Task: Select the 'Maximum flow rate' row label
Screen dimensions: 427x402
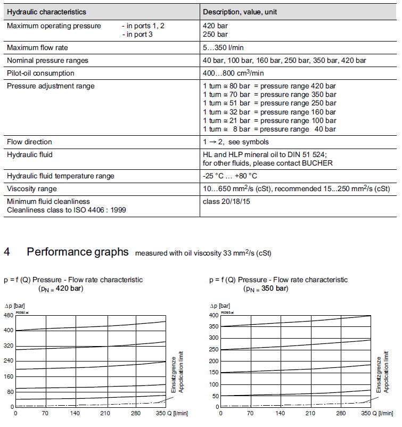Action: (x=37, y=48)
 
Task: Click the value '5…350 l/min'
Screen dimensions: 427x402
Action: (x=224, y=48)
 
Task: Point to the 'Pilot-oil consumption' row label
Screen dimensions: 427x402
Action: (x=40, y=73)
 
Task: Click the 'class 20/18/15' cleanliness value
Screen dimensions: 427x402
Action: (x=227, y=201)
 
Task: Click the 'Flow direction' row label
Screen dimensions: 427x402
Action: (x=29, y=142)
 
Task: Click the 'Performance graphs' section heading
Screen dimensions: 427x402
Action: (x=77, y=252)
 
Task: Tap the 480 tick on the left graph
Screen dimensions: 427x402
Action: (x=9, y=315)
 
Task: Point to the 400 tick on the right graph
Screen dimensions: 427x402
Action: (x=214, y=315)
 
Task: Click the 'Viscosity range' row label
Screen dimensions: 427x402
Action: (x=31, y=188)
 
